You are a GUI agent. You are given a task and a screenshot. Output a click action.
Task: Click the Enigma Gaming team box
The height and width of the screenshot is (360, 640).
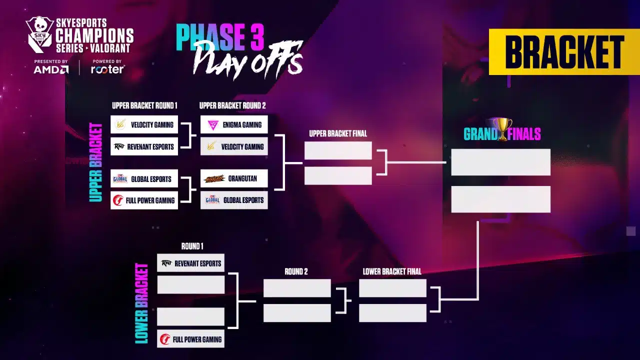234,124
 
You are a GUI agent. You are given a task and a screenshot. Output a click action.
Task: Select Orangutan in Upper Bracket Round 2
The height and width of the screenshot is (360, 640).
234,178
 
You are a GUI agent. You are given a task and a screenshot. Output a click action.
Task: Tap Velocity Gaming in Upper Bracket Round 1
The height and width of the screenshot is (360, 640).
144,124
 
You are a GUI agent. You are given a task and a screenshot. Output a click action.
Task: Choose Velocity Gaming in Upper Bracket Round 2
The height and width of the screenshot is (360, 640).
234,146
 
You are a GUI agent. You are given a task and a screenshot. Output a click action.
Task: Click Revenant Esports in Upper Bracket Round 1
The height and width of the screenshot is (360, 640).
144,146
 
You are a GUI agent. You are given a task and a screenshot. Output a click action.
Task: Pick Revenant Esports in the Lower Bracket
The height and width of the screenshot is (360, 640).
190,263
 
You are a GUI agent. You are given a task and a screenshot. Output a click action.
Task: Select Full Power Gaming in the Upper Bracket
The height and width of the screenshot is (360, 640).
144,200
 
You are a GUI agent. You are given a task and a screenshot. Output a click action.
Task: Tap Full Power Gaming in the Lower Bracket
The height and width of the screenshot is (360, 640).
190,339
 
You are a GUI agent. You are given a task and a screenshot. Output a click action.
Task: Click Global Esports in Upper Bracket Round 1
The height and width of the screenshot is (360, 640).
144,178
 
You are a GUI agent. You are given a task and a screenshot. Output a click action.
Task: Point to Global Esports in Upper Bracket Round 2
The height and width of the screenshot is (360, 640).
234,200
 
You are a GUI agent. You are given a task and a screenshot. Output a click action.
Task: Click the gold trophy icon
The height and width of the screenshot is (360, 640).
502,129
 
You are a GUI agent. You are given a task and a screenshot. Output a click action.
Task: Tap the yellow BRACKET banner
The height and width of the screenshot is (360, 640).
564,51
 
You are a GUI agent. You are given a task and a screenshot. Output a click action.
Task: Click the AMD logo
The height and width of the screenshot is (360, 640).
51,69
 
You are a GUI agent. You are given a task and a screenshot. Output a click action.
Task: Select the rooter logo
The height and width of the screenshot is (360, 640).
107,69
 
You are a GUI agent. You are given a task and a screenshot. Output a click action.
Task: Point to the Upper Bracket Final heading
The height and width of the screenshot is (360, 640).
338,133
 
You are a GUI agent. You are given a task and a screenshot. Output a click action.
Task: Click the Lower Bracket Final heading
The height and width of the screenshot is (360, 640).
392,271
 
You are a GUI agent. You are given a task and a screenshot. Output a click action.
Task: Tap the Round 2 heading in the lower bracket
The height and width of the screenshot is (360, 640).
296,271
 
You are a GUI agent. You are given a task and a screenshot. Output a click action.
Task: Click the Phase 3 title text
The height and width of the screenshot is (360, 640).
219,37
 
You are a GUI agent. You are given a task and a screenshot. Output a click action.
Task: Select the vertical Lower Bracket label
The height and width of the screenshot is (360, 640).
141,303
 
